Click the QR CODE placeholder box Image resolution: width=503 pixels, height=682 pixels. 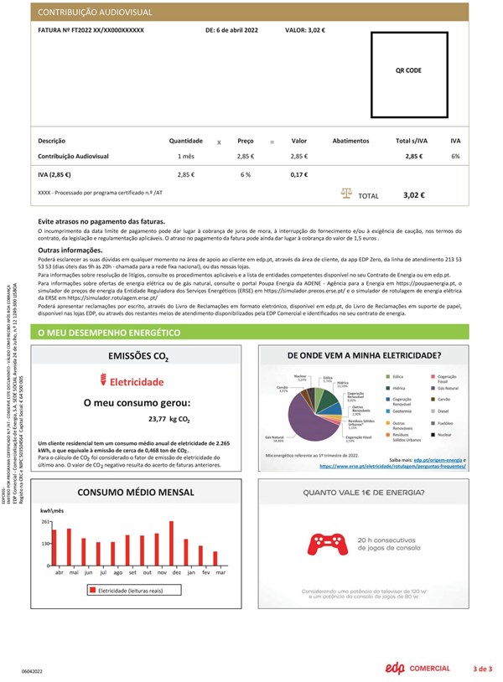click(407, 70)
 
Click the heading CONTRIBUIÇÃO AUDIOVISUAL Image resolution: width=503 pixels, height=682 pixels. click(92, 13)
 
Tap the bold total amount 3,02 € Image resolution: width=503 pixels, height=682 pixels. click(414, 195)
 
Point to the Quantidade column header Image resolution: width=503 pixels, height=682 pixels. click(186, 141)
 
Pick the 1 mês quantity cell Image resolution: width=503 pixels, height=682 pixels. click(186, 157)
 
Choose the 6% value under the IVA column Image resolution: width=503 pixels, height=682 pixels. click(455, 157)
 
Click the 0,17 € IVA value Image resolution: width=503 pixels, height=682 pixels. click(299, 175)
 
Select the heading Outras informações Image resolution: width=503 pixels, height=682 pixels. click(70, 250)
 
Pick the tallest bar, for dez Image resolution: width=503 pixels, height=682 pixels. click(171, 543)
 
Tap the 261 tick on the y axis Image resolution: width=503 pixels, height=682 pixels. click(46, 521)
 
